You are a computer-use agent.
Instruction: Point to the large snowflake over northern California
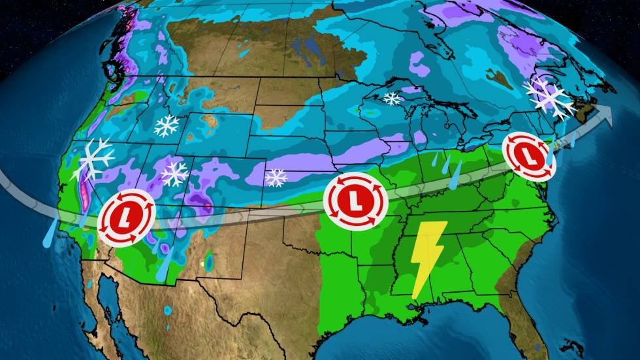click(93, 159)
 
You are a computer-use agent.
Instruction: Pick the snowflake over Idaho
click(167, 125)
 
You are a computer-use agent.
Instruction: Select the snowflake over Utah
click(175, 173)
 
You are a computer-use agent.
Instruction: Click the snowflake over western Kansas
click(276, 176)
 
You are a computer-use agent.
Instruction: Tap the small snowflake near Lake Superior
click(392, 99)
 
